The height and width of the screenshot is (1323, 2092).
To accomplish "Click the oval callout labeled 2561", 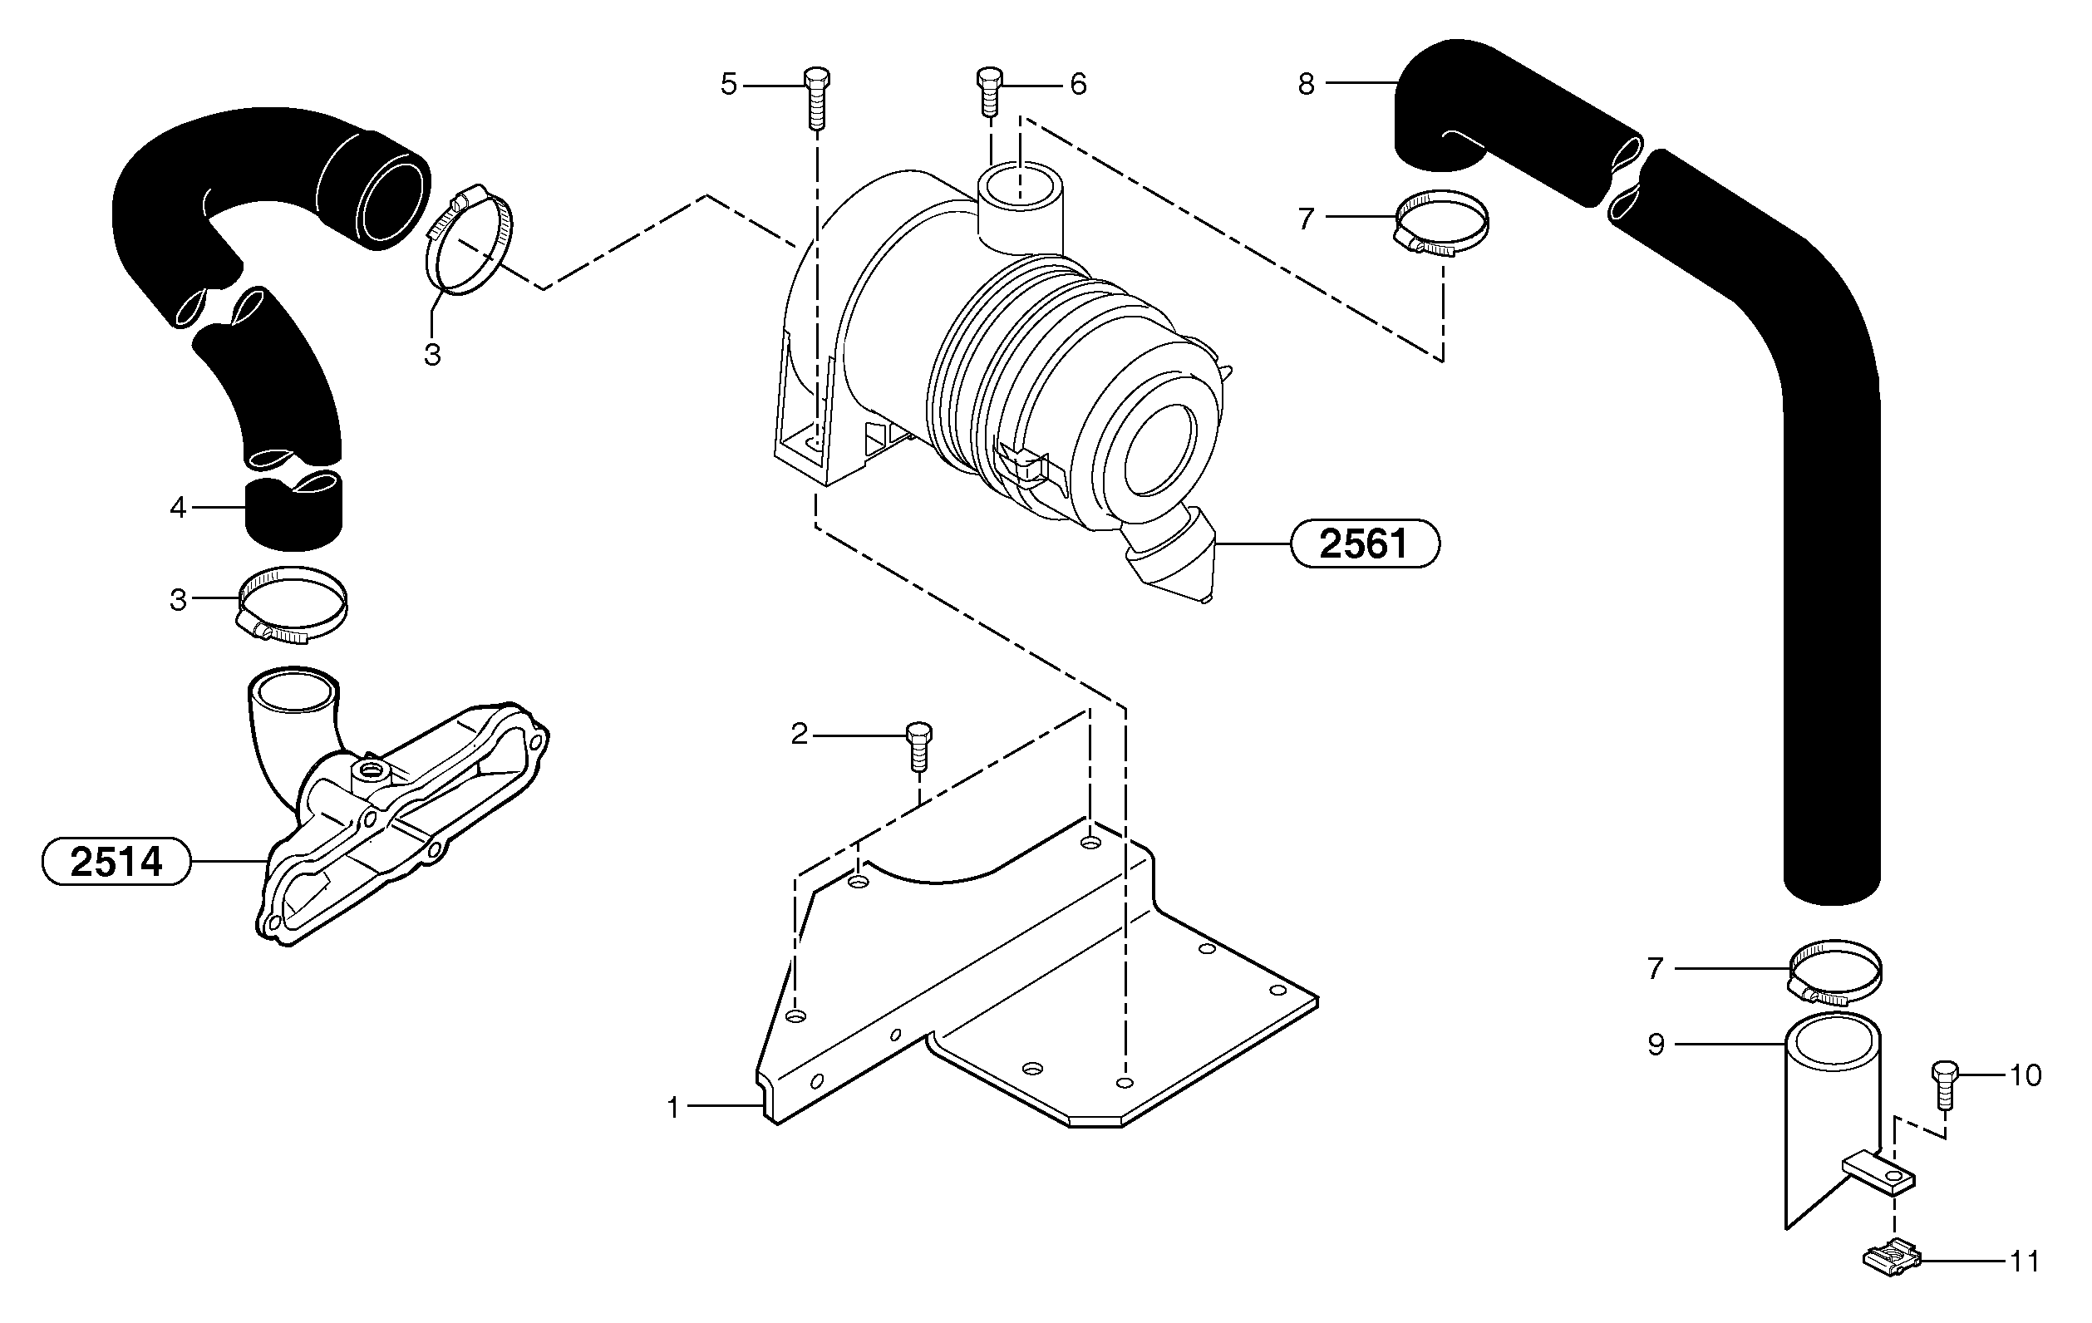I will pos(1365,543).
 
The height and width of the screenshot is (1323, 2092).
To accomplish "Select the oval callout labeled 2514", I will pos(116,861).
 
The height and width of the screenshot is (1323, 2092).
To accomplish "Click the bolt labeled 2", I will pos(918,745).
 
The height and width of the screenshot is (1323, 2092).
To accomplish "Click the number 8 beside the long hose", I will pos(1306,84).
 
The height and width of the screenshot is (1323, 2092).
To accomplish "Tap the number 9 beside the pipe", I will pos(1656,1044).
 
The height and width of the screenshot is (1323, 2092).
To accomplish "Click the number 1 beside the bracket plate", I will pos(672,1108).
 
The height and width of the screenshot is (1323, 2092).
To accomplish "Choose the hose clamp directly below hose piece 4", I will pos(291,606).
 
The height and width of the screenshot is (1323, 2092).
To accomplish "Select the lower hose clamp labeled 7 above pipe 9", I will pos(1834,972).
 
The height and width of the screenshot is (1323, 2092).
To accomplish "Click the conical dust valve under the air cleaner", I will pos(1171,558).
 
